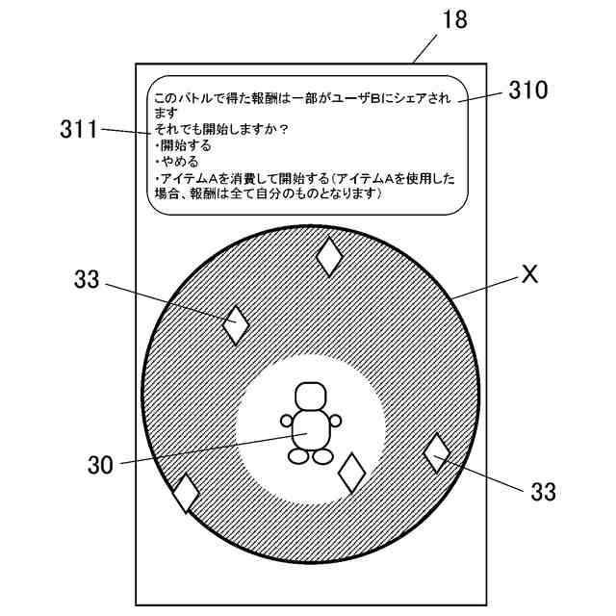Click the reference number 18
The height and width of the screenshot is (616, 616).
pyautogui.click(x=451, y=20)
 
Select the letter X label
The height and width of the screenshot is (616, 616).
pyautogui.click(x=528, y=274)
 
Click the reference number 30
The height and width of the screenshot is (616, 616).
pyautogui.click(x=101, y=465)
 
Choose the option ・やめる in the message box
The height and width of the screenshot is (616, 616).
pyautogui.click(x=176, y=162)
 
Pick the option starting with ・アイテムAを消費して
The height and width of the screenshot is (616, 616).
pyautogui.click(x=242, y=178)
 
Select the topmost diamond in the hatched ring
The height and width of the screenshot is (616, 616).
pyautogui.click(x=330, y=255)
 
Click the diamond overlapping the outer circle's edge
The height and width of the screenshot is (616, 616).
pyautogui.click(x=185, y=493)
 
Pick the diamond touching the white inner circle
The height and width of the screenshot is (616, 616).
pyautogui.click(x=352, y=472)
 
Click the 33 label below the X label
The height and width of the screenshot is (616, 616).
pyautogui.click(x=543, y=492)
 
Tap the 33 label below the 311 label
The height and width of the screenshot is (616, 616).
pyautogui.click(x=87, y=280)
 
